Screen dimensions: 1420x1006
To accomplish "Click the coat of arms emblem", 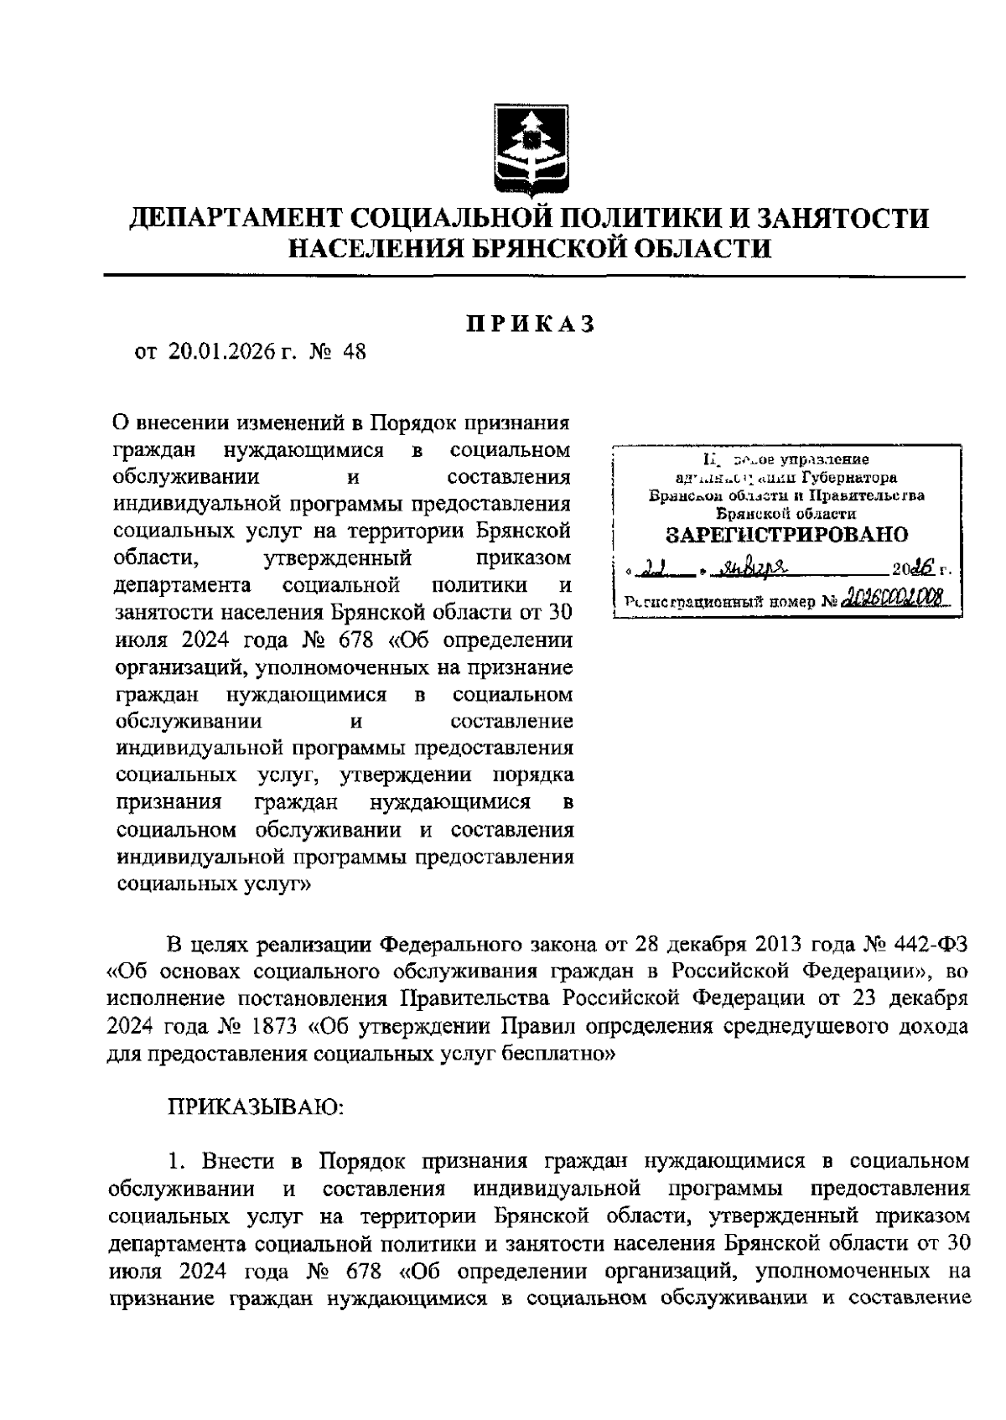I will click(x=526, y=153).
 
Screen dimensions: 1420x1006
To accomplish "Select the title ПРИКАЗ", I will click(x=530, y=324).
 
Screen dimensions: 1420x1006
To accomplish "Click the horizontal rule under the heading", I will click(x=534, y=276).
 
